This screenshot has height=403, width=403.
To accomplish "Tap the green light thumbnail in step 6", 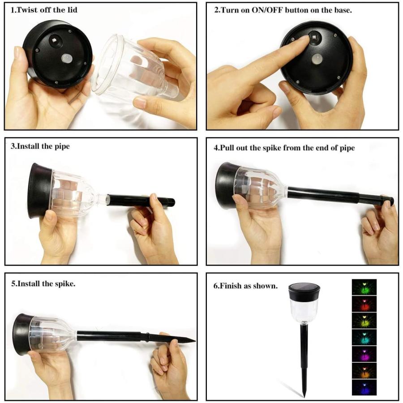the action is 364,287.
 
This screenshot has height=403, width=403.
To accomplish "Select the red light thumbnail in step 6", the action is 364,304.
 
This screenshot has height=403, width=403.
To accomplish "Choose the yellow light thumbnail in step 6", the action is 364,320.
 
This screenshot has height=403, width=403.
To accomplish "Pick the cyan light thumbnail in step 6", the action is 364,337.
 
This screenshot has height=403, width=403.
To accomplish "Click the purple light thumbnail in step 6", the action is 364,354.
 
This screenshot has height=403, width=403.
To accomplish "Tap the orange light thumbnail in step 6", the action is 364,370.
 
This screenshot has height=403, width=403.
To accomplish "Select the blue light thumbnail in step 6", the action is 364,387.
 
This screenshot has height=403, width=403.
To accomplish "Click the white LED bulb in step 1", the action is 67,58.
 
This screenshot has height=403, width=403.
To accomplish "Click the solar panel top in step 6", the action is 304,286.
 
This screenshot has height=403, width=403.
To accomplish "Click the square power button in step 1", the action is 55,40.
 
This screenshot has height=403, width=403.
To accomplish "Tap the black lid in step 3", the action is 39,190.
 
